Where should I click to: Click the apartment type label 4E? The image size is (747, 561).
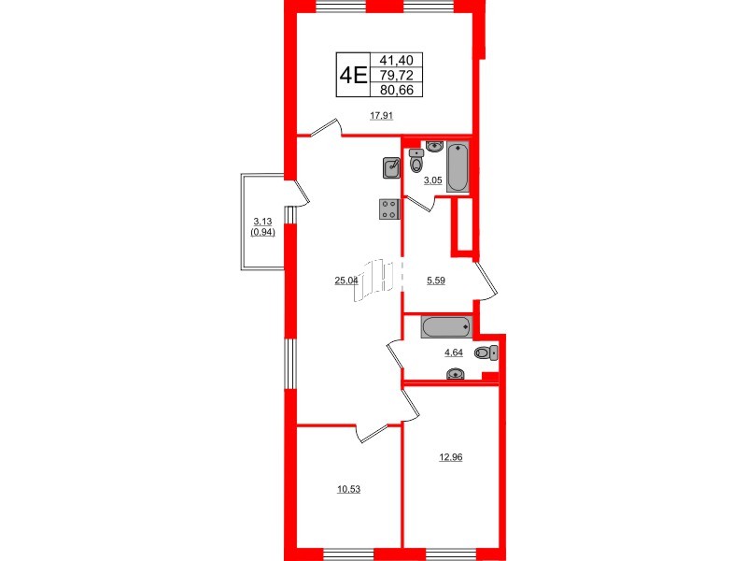click(352, 74)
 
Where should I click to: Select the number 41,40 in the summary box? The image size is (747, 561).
click(397, 58)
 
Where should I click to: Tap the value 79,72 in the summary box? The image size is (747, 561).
click(397, 74)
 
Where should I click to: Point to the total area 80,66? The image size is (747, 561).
click(397, 90)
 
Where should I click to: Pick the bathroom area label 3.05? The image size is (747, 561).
click(432, 180)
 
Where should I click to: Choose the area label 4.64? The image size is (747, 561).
click(453, 352)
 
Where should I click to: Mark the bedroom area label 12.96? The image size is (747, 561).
click(450, 457)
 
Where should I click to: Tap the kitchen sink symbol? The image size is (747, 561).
click(392, 168)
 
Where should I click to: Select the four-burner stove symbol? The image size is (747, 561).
click(390, 209)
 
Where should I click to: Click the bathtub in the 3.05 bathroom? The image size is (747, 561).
click(458, 167)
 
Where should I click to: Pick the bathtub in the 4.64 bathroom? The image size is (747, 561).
click(447, 327)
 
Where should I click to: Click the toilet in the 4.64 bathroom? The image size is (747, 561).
click(486, 352)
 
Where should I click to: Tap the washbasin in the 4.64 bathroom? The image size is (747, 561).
click(456, 375)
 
